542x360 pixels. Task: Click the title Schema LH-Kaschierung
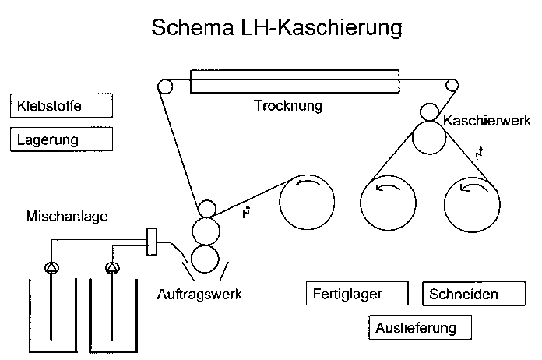click(276, 30)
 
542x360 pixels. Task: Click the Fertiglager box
click(357, 295)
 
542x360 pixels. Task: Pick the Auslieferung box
click(421, 327)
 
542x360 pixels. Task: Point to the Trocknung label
click(288, 105)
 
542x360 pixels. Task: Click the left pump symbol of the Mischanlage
click(52, 268)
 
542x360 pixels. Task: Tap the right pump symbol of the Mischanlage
click(112, 268)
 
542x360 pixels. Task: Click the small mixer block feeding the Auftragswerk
click(152, 242)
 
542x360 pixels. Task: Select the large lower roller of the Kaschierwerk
click(429, 139)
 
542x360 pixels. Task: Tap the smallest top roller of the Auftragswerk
click(206, 209)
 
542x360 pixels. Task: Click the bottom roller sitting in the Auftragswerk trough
click(205, 258)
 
